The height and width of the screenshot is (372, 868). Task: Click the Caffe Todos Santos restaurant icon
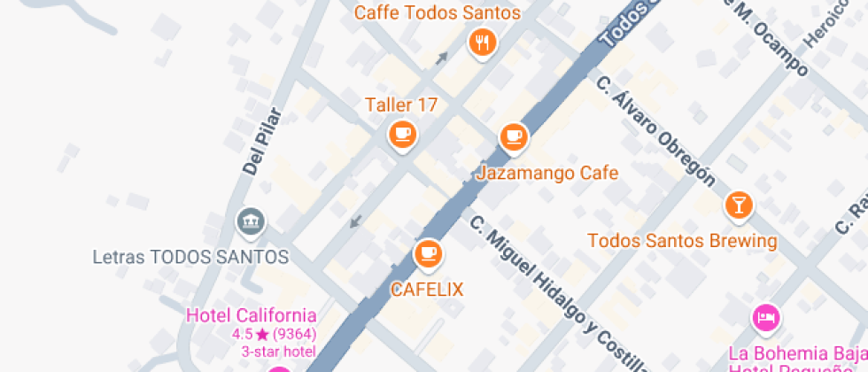tap(482, 42)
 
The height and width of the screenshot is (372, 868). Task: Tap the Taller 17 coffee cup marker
tap(403, 135)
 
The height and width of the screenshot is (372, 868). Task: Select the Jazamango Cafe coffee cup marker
tap(513, 136)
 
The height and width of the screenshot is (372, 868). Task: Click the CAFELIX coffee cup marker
tap(429, 253)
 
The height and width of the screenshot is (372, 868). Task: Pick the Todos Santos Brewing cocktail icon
tap(737, 205)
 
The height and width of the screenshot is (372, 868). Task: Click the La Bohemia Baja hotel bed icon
tap(764, 317)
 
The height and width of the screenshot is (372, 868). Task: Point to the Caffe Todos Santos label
tap(438, 13)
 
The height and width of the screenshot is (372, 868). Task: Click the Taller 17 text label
tap(401, 105)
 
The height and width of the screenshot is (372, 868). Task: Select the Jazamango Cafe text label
tap(546, 173)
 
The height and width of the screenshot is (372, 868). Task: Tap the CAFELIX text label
tap(427, 290)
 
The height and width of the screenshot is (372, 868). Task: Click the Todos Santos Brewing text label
tap(682, 241)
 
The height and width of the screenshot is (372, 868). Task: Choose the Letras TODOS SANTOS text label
tap(190, 258)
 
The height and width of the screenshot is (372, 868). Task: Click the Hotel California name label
tap(251, 315)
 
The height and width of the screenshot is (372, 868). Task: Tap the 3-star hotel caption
tap(279, 352)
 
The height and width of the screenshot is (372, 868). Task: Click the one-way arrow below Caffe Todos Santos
tap(441, 58)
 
